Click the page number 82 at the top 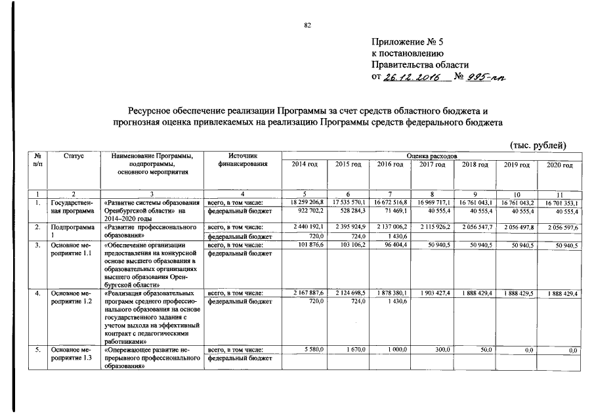307,26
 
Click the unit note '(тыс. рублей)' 536,145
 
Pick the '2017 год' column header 431,165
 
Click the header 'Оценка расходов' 431,156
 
